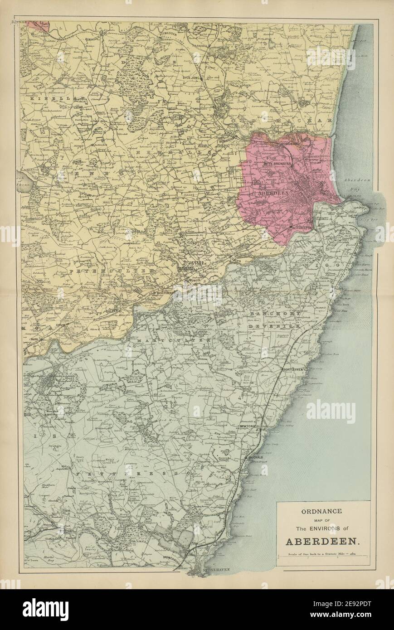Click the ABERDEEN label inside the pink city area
pos(272,192)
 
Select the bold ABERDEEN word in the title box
pos(323,541)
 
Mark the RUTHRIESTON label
pos(301,229)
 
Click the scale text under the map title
pos(323,555)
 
